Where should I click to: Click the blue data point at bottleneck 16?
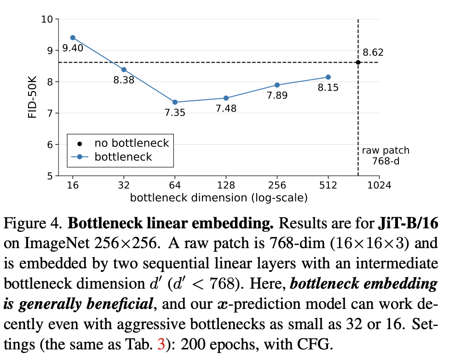click(x=73, y=38)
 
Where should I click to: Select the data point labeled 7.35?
click(x=175, y=102)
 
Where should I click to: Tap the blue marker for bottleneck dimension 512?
click(x=328, y=77)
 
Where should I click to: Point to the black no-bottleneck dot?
click(x=358, y=62)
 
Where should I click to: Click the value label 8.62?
click(x=373, y=52)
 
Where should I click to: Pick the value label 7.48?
click(x=226, y=109)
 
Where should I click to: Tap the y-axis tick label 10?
click(x=47, y=19)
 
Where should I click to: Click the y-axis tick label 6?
click(x=50, y=145)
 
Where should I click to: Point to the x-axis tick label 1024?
click(x=379, y=186)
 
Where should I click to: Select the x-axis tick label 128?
click(x=226, y=186)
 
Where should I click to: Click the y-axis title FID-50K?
click(x=32, y=97)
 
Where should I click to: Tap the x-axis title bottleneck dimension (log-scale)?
click(x=219, y=198)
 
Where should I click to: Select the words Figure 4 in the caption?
click(x=32, y=224)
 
